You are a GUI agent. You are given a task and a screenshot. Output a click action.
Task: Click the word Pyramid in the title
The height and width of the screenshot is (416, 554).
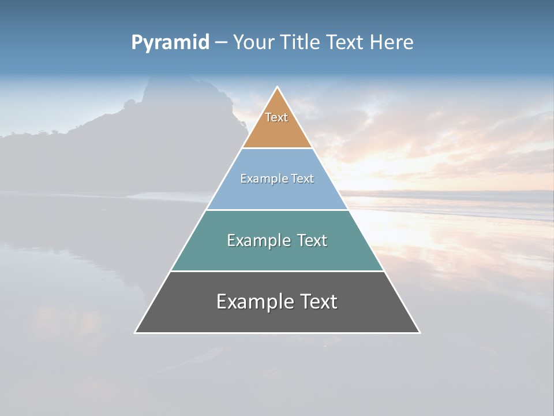click(170, 43)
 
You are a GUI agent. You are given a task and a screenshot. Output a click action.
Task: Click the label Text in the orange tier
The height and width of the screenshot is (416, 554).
click(276, 117)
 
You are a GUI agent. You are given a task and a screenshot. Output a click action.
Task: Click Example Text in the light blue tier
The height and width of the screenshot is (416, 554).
click(277, 179)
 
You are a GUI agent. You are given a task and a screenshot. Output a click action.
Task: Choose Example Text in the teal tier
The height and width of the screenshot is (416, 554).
click(277, 240)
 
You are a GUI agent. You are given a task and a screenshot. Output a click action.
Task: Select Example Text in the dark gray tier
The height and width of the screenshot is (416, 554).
click(277, 302)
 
